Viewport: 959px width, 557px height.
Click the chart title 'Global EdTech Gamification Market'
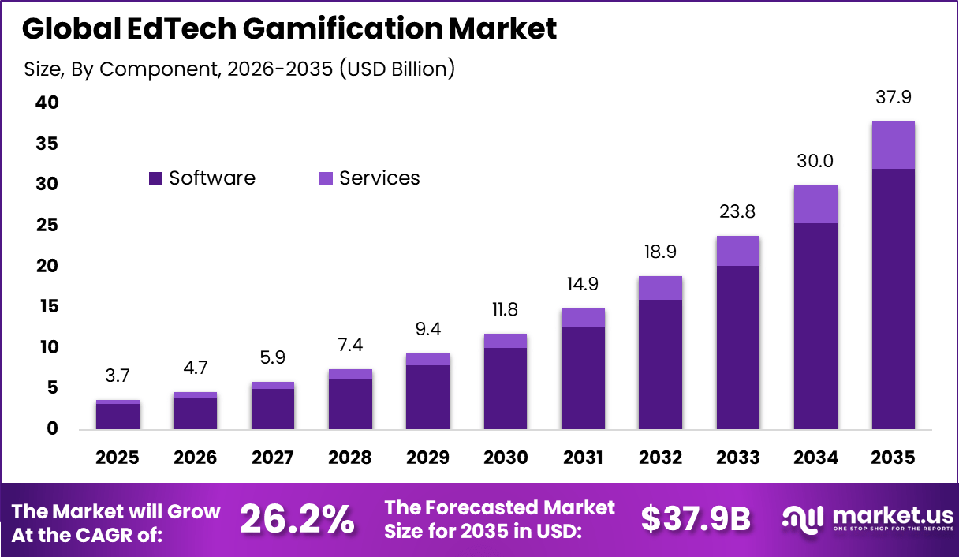click(x=289, y=28)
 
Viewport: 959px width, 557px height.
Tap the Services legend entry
click(x=369, y=178)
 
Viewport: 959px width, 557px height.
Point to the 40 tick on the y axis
click(x=46, y=103)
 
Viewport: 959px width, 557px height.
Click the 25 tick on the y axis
click(x=46, y=225)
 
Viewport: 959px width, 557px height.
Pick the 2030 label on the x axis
click(x=505, y=458)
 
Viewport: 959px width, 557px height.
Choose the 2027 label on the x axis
click(x=273, y=458)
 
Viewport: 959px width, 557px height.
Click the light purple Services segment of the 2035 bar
click(x=893, y=145)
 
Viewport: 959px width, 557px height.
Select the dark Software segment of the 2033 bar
click(x=738, y=347)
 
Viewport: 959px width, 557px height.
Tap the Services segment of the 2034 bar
click(x=815, y=204)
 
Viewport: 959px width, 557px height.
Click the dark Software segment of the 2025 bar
click(x=118, y=417)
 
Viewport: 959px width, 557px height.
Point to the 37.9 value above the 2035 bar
click(x=893, y=98)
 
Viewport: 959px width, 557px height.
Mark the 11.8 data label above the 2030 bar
click(x=505, y=309)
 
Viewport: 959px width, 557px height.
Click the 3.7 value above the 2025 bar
click(x=118, y=376)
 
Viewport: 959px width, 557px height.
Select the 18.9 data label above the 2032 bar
click(x=661, y=252)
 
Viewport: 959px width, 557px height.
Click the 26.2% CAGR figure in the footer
click(x=297, y=519)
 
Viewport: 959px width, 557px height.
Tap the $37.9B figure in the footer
click(x=696, y=519)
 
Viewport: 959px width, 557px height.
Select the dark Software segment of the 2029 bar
click(x=427, y=398)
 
